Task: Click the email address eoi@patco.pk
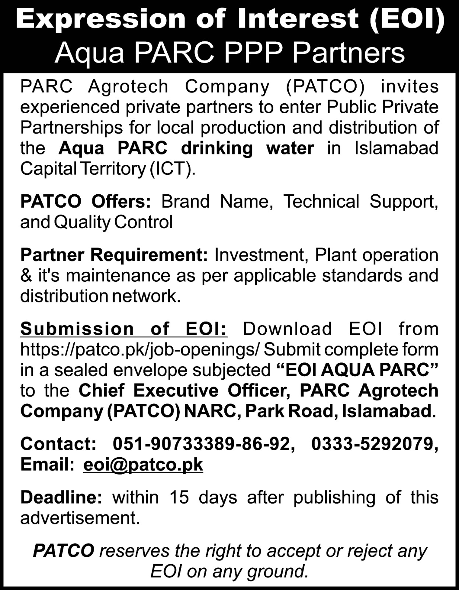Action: tap(143, 464)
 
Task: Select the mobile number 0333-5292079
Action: tap(375, 444)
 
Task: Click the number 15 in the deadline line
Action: tap(179, 497)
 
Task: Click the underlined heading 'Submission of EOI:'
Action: tap(124, 329)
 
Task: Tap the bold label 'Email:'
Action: tap(48, 464)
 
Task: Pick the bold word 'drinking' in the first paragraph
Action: tap(217, 148)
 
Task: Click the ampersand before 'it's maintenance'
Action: tap(27, 276)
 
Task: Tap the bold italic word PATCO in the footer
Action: tap(63, 551)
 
